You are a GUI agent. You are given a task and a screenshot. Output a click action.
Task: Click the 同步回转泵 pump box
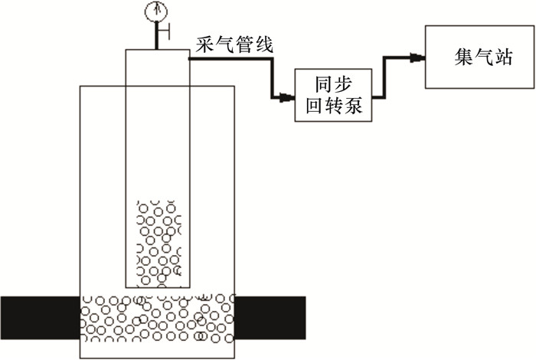(332, 94)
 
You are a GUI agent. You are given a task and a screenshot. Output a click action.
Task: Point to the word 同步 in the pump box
(332, 83)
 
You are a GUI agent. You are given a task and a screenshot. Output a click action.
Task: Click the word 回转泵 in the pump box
(332, 106)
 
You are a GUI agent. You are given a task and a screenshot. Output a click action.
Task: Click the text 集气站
(482, 57)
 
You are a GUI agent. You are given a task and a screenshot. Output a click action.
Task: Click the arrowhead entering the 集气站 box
(417, 57)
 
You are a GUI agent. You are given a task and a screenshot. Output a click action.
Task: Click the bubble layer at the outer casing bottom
(157, 318)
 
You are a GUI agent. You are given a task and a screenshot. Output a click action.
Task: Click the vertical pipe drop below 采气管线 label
(271, 77)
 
